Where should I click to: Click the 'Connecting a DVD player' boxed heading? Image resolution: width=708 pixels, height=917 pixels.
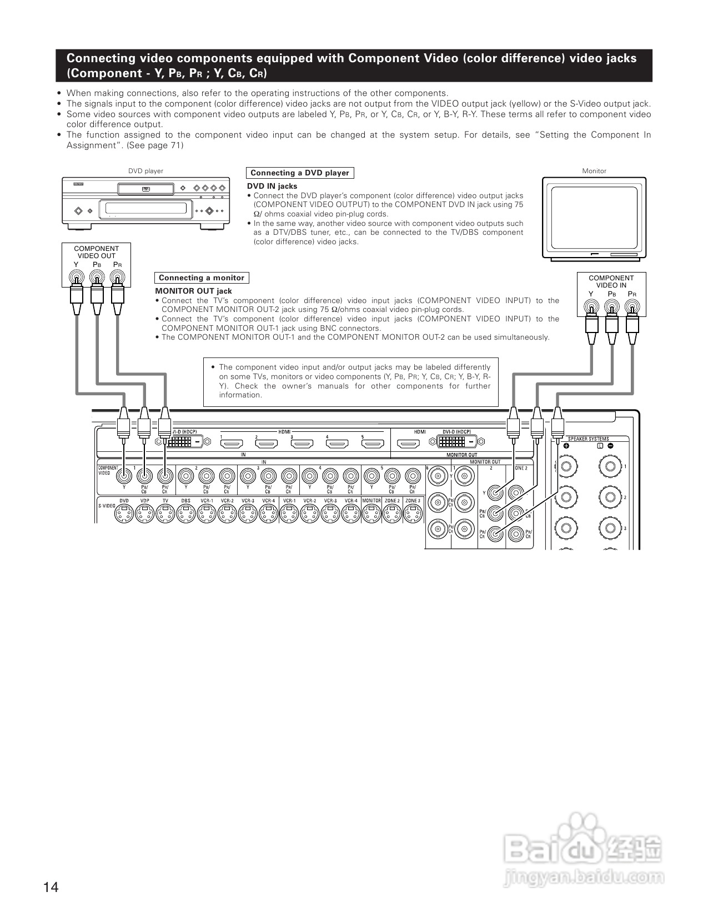point(300,173)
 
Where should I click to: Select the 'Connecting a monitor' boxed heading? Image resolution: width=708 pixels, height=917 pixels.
point(202,278)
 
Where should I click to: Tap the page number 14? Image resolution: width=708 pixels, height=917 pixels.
point(51,887)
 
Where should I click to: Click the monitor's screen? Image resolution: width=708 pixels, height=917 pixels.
point(594,217)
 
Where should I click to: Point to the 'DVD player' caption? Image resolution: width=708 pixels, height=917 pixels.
point(145,171)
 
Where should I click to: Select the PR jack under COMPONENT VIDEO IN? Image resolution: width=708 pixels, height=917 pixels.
point(632,306)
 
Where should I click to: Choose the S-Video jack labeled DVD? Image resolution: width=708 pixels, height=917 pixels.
point(124,515)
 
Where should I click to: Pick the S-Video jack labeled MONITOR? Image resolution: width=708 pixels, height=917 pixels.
point(371,515)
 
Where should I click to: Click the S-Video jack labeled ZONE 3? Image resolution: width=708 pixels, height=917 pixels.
point(412,515)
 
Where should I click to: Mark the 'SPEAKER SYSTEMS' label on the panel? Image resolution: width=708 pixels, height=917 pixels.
point(588,439)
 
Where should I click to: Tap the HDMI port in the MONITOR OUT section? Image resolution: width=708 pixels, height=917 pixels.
point(410,444)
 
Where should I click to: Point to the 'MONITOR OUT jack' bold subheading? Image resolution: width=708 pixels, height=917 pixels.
point(193,291)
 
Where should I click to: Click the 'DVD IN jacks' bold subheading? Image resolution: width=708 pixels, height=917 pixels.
point(272,186)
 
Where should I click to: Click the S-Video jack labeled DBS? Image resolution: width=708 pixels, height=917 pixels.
point(185,515)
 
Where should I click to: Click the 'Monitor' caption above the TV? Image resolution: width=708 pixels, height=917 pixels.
point(594,171)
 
